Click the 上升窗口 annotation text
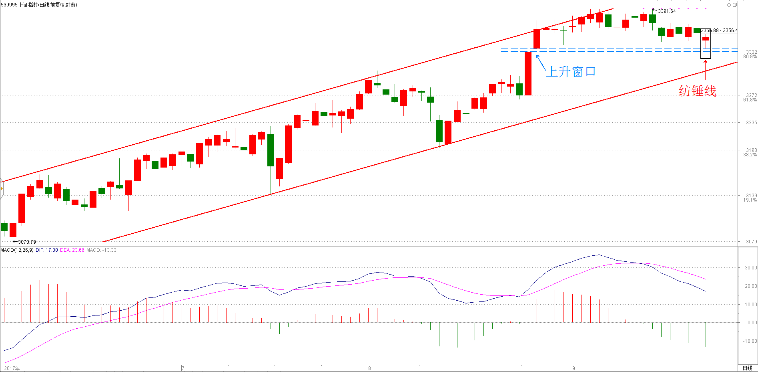tap(571, 72)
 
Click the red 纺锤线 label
tap(697, 91)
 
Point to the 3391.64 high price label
tap(667, 11)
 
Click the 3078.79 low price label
tap(27, 242)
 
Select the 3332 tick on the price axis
tap(751, 52)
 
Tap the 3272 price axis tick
tap(751, 95)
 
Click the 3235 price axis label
tap(751, 123)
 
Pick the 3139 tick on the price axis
tap(751, 196)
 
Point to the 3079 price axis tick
tap(751, 241)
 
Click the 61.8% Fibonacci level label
tap(750, 100)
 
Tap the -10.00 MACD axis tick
tap(750, 341)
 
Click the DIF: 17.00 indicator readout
tap(47, 250)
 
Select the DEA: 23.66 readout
tap(72, 250)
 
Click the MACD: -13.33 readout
tap(102, 250)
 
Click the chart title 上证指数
tap(28, 5)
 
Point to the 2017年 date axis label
tap(12, 368)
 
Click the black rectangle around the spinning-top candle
tap(706, 44)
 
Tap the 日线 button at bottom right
tap(748, 368)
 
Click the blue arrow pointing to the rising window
tap(540, 62)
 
